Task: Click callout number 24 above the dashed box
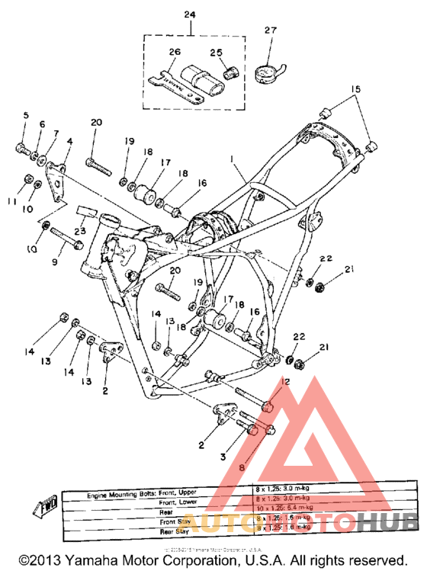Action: [189, 15]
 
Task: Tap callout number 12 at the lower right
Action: [286, 381]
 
